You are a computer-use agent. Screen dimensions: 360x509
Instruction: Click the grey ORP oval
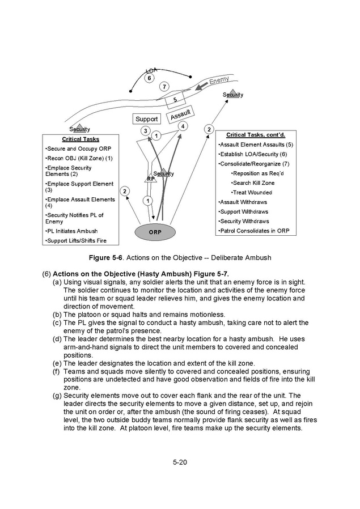click(x=155, y=232)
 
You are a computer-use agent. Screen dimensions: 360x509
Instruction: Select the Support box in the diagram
click(x=147, y=119)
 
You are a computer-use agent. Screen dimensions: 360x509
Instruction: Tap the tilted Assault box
click(x=180, y=114)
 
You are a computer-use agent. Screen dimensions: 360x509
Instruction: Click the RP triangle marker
click(x=151, y=177)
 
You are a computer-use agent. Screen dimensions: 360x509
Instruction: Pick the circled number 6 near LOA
click(x=149, y=78)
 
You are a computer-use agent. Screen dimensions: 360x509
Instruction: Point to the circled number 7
click(x=164, y=87)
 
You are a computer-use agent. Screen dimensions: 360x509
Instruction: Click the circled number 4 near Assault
click(x=183, y=126)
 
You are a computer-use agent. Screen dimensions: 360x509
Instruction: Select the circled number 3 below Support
click(x=146, y=131)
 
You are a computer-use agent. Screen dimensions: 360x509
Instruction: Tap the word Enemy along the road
click(x=219, y=79)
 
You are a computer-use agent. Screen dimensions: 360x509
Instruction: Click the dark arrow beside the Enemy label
click(x=202, y=86)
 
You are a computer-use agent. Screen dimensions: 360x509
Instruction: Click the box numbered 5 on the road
click(x=175, y=100)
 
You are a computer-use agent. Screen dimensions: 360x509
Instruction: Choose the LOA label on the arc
click(x=151, y=70)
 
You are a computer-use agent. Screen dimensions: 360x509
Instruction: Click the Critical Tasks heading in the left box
click(x=81, y=139)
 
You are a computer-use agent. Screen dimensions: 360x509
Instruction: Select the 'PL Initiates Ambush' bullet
click(x=71, y=231)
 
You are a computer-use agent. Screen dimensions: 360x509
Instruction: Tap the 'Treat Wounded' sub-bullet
click(x=251, y=193)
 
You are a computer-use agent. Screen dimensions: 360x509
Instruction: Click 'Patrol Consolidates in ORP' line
click(x=253, y=231)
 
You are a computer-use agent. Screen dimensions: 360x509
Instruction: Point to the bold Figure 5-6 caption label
click(x=106, y=258)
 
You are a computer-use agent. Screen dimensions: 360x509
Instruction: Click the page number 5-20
click(x=180, y=463)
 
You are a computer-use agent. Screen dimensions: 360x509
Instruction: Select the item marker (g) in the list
click(x=57, y=396)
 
